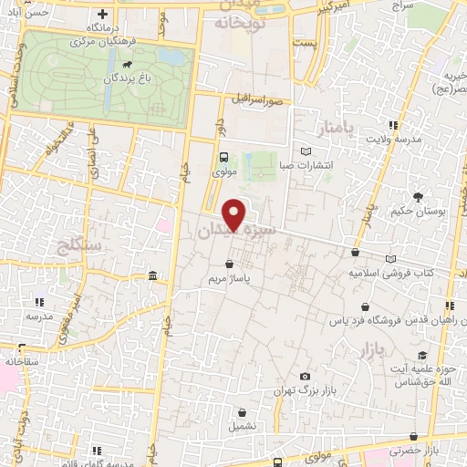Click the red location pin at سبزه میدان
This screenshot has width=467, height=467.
(235, 213)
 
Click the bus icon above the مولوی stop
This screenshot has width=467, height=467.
(223, 156)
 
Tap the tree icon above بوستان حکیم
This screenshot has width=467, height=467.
(419, 196)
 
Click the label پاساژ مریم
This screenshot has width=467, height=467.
(240, 280)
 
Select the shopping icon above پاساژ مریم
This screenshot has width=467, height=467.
(240, 265)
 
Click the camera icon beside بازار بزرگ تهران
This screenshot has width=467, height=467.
(305, 376)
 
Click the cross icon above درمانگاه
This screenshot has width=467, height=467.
(103, 16)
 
